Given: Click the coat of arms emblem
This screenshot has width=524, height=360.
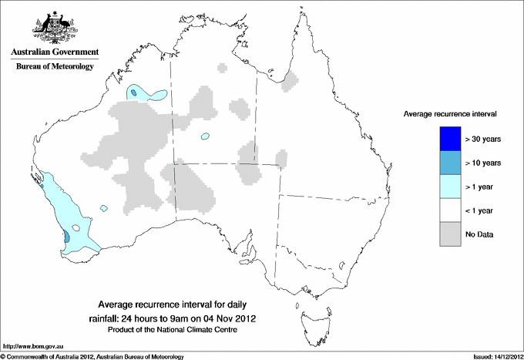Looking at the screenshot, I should (x=55, y=27).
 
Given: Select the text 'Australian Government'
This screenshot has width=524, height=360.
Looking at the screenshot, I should (x=55, y=52).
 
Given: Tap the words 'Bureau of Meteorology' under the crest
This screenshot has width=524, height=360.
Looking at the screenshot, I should (x=55, y=67).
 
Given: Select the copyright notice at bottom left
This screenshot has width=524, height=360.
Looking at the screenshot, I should (x=92, y=356).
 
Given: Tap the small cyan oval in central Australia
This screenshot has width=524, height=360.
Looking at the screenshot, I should (x=205, y=137).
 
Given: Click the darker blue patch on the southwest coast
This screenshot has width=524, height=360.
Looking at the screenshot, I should (x=66, y=237).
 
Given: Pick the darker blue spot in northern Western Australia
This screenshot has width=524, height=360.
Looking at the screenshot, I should (x=134, y=93).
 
